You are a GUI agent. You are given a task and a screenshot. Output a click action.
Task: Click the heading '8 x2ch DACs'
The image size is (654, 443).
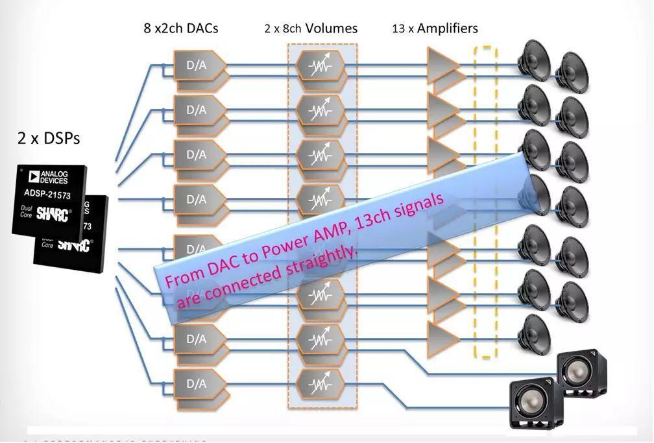pyautogui.click(x=181, y=29)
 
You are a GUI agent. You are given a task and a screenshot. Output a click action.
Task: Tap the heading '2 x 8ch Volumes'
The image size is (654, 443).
pyautogui.click(x=311, y=29)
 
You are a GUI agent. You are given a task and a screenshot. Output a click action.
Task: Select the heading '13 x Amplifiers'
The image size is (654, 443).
pyautogui.click(x=435, y=29)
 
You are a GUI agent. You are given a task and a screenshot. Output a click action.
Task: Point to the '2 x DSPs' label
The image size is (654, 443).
pyautogui.click(x=49, y=138)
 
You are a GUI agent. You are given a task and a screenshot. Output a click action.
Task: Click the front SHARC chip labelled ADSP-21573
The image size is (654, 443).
pyautogui.click(x=49, y=197)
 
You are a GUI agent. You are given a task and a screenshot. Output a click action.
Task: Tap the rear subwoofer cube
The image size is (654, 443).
pyautogui.click(x=585, y=374)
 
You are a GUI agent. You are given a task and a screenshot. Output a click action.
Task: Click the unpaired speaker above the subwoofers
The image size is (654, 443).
pyautogui.click(x=535, y=333)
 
